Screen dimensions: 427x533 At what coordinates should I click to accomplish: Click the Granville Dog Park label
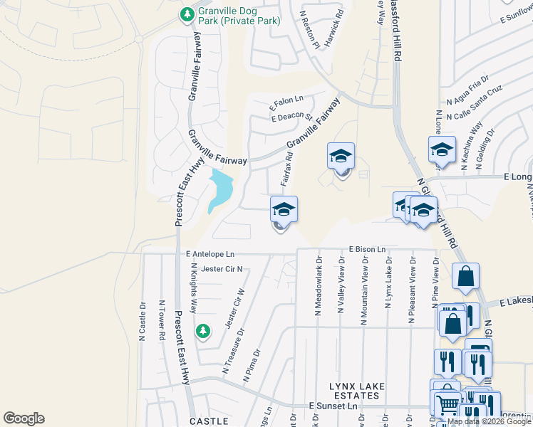click(x=229, y=16)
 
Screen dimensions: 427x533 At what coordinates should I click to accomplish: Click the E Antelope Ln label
click(x=210, y=253)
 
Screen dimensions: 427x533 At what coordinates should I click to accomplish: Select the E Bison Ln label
click(x=367, y=250)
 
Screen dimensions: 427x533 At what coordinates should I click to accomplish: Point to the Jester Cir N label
click(x=222, y=269)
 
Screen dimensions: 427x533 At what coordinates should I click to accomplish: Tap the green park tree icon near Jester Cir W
click(x=203, y=331)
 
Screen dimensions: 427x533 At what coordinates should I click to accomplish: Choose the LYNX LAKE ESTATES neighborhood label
click(x=357, y=391)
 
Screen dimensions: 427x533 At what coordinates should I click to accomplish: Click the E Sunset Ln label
click(x=333, y=405)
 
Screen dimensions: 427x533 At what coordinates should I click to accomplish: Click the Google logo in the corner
click(x=24, y=418)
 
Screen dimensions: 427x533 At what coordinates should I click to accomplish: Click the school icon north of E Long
click(x=442, y=150)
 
